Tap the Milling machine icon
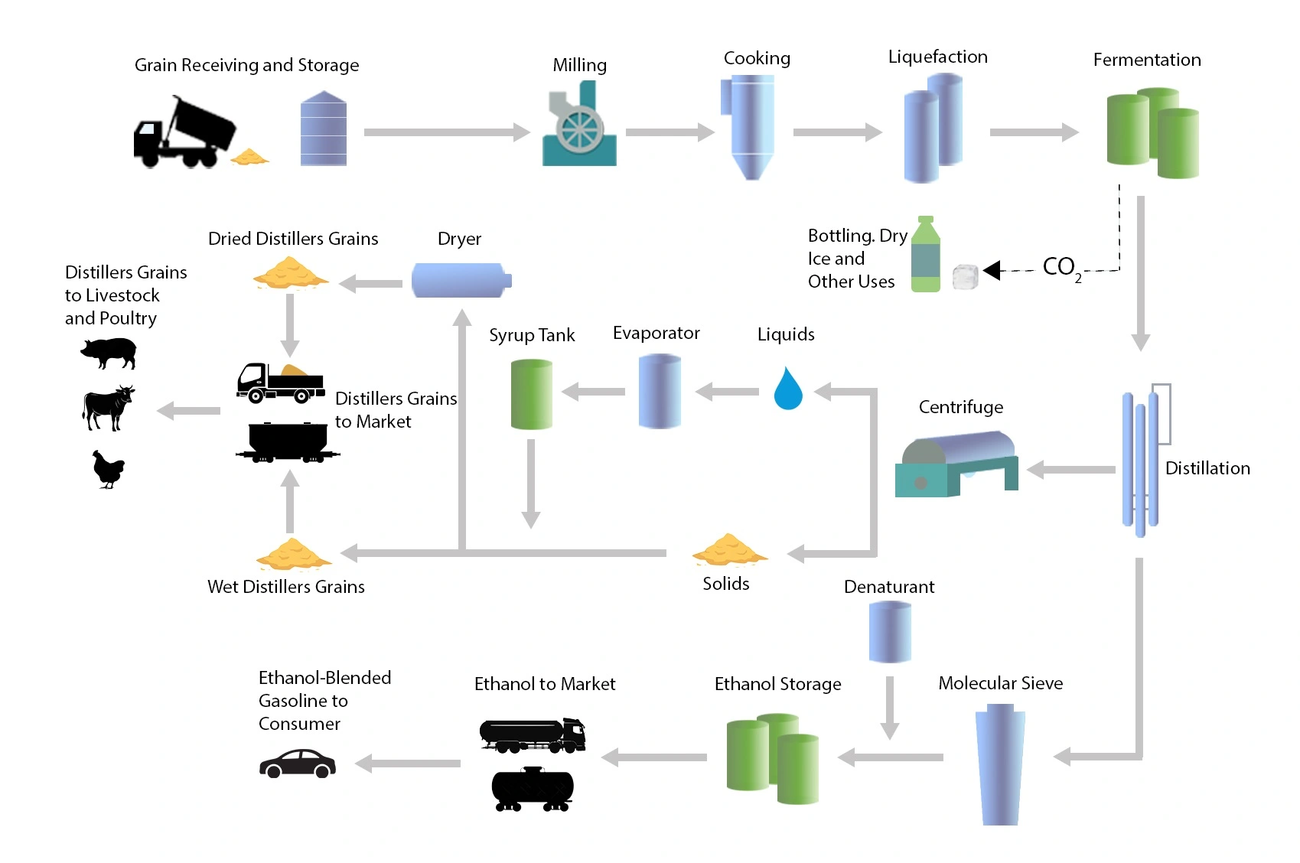click(579, 127)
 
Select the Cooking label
click(757, 58)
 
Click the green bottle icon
click(925, 254)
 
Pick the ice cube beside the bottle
click(966, 276)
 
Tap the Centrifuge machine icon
click(956, 464)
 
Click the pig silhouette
click(109, 352)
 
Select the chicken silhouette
click(108, 469)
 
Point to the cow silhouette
click(108, 407)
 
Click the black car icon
click(298, 764)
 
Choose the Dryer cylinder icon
click(461, 280)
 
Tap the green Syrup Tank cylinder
click(531, 394)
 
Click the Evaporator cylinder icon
click(660, 391)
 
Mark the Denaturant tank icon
click(890, 631)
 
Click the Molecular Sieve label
click(1000, 683)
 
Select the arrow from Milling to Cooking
click(670, 132)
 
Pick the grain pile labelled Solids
click(728, 550)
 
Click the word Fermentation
click(1146, 60)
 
